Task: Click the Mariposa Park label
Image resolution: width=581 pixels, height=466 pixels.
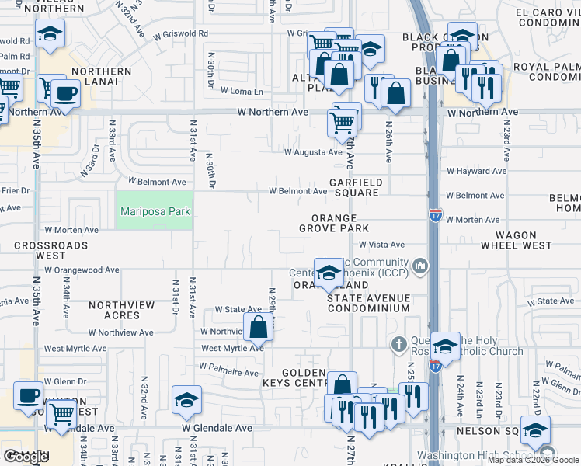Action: (154, 210)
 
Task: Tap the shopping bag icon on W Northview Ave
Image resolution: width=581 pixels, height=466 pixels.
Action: (259, 326)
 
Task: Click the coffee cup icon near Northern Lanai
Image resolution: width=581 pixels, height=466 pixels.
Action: (66, 94)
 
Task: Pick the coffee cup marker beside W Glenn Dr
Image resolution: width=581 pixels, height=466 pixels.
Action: (29, 395)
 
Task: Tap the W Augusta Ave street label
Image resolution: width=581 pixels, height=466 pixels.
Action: (312, 152)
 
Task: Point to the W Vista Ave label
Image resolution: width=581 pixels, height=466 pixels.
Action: (381, 244)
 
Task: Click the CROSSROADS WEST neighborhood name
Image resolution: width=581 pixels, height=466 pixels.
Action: (50, 250)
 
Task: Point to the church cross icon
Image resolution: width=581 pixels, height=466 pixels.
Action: (398, 343)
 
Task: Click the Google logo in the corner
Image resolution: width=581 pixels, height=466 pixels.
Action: (25, 457)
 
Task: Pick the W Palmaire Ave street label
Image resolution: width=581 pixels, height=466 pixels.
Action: (230, 373)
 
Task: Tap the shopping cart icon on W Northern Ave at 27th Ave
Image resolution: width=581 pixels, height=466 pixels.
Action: (342, 122)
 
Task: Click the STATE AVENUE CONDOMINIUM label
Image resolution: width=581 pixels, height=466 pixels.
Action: (367, 303)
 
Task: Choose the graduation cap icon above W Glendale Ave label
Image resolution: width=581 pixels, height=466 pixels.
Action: (186, 400)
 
